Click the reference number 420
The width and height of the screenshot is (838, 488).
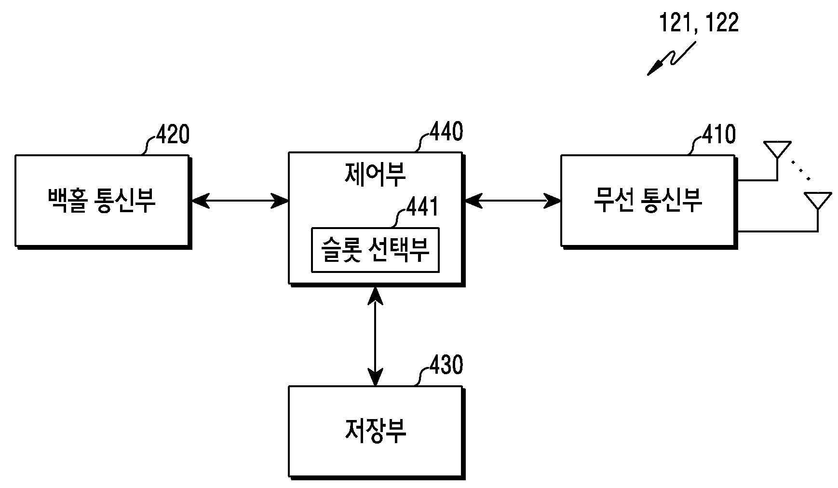(x=172, y=135)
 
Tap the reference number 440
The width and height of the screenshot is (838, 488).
(x=446, y=131)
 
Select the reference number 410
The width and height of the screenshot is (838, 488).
(x=718, y=135)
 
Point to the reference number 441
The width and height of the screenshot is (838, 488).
(x=422, y=207)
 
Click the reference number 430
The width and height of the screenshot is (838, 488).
(x=446, y=365)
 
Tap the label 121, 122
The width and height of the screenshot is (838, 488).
(x=699, y=23)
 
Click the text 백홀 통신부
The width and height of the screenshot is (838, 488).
(x=102, y=200)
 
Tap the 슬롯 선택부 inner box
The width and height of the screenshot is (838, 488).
(x=375, y=250)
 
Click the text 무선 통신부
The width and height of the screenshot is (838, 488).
(x=648, y=200)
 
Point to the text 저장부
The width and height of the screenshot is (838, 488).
(x=375, y=430)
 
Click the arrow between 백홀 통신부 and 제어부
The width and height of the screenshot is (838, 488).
(x=239, y=200)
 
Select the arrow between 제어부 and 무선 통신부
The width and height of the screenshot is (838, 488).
(x=512, y=200)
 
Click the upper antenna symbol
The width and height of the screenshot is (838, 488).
(x=777, y=161)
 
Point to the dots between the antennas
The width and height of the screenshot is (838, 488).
(x=800, y=170)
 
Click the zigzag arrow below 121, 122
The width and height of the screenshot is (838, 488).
(x=671, y=58)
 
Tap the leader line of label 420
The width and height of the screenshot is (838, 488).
(x=149, y=145)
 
